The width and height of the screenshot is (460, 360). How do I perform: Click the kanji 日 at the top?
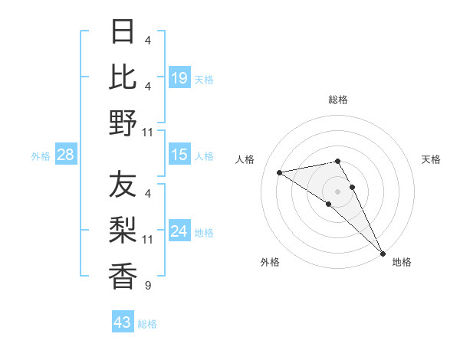click(123, 33)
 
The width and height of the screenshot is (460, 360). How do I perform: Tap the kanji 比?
click(123, 77)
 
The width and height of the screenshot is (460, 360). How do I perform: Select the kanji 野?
click(123, 122)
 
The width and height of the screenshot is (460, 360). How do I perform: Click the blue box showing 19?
click(179, 78)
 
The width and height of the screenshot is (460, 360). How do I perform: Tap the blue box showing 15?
click(179, 155)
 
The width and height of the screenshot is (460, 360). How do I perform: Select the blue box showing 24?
click(179, 232)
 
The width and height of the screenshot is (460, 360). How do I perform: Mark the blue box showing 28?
click(66, 155)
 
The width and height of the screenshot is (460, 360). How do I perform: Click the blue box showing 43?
click(123, 322)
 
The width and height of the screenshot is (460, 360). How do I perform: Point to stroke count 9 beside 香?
click(147, 286)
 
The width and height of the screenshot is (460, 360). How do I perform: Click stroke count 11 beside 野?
click(148, 133)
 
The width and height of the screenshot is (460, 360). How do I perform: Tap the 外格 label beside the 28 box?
click(41, 156)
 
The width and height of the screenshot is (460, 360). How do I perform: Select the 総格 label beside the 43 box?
click(147, 324)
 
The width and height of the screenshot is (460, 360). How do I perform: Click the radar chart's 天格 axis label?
click(431, 159)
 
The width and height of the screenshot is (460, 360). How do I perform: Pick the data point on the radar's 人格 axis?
click(280, 172)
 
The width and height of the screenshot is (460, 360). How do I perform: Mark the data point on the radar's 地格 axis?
click(383, 253)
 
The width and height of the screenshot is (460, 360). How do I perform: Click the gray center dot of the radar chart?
click(337, 191)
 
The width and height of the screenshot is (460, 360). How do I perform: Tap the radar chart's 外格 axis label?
click(270, 262)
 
